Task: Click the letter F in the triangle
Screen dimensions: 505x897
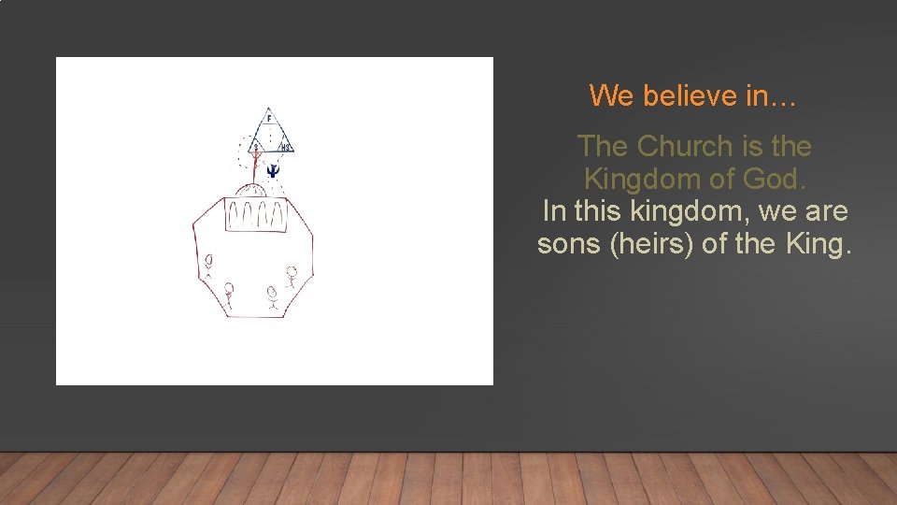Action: pyautogui.click(x=269, y=119)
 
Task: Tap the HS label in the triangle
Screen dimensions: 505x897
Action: pyautogui.click(x=286, y=147)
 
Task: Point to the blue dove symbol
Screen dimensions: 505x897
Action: pyautogui.click(x=273, y=170)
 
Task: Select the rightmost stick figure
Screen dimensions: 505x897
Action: pyautogui.click(x=292, y=277)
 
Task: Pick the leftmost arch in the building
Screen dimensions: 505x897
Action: pyautogui.click(x=235, y=216)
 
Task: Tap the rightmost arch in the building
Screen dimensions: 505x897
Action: pyautogui.click(x=278, y=216)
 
